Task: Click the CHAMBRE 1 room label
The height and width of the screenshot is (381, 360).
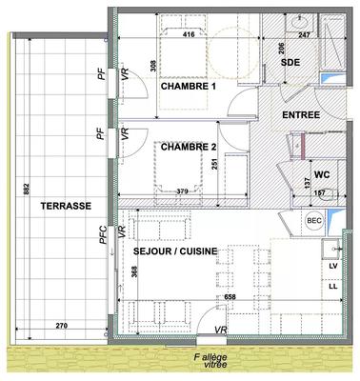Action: coord(189,87)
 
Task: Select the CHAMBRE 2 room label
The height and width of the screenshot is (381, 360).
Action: coord(189,148)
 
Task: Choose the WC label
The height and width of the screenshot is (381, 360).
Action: coord(321,174)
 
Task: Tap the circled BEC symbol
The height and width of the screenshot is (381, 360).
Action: coord(314,221)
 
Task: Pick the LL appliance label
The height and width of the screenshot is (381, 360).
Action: coord(333,286)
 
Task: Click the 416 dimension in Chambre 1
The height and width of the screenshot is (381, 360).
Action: coord(190,34)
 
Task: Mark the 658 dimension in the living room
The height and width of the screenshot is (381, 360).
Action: coord(230,297)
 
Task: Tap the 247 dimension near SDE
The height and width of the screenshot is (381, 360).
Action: coord(304,34)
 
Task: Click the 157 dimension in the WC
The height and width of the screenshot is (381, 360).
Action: coord(320,192)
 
